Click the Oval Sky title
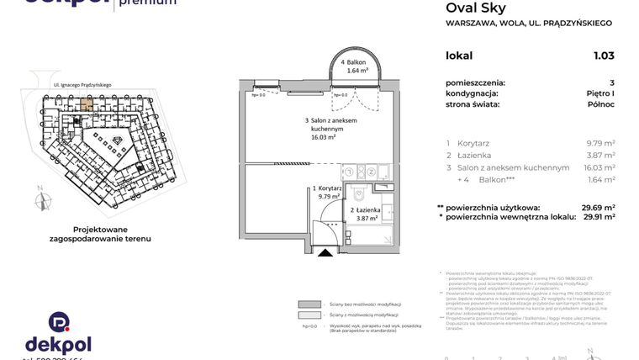click(x=475, y=8)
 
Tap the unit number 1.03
click(x=604, y=56)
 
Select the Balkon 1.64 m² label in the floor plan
click(x=357, y=68)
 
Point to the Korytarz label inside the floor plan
click(x=325, y=193)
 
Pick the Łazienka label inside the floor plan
click(x=366, y=214)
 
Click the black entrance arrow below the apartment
click(x=324, y=251)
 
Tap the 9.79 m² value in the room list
click(x=600, y=143)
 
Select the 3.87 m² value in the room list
click(x=600, y=156)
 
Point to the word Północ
click(x=599, y=104)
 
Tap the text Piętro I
click(x=598, y=93)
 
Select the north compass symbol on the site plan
click(x=39, y=200)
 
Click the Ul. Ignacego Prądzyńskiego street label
click(x=82, y=84)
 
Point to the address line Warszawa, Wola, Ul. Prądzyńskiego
click(x=528, y=24)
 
